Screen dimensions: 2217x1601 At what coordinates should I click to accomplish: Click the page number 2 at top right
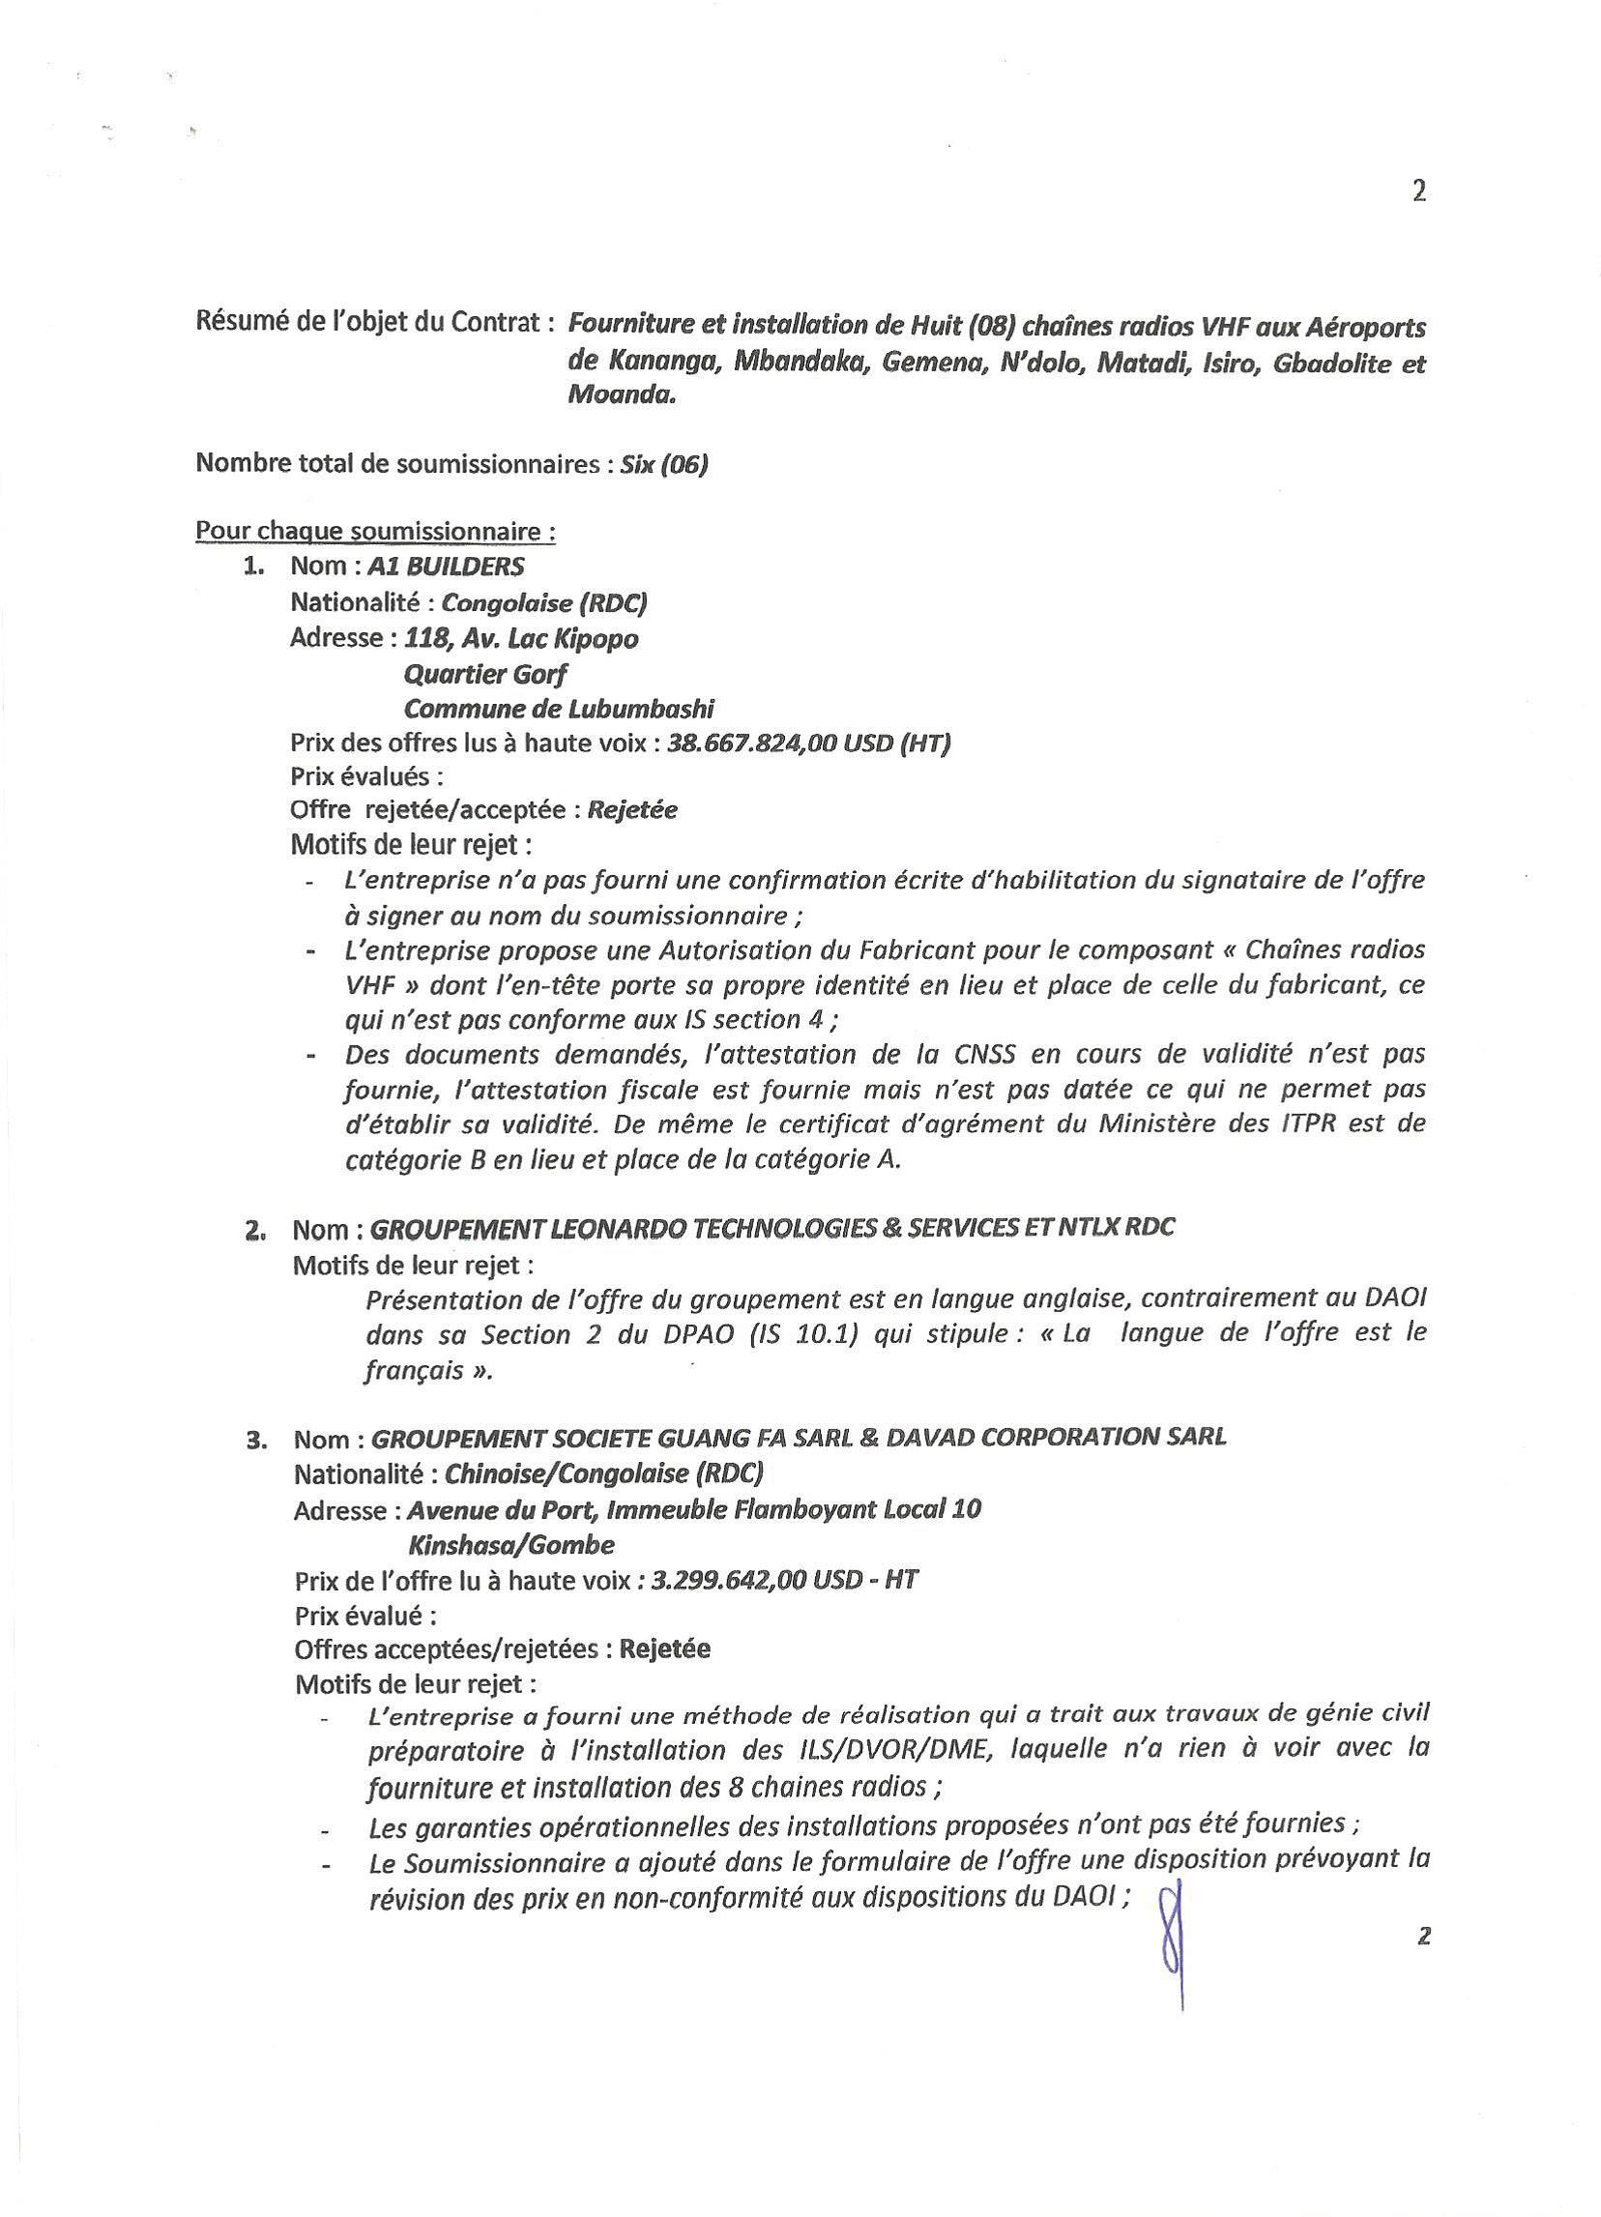click(1418, 191)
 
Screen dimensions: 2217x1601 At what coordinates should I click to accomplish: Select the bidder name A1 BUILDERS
click(445, 566)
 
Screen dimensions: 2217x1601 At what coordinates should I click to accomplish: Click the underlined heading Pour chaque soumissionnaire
click(376, 533)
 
